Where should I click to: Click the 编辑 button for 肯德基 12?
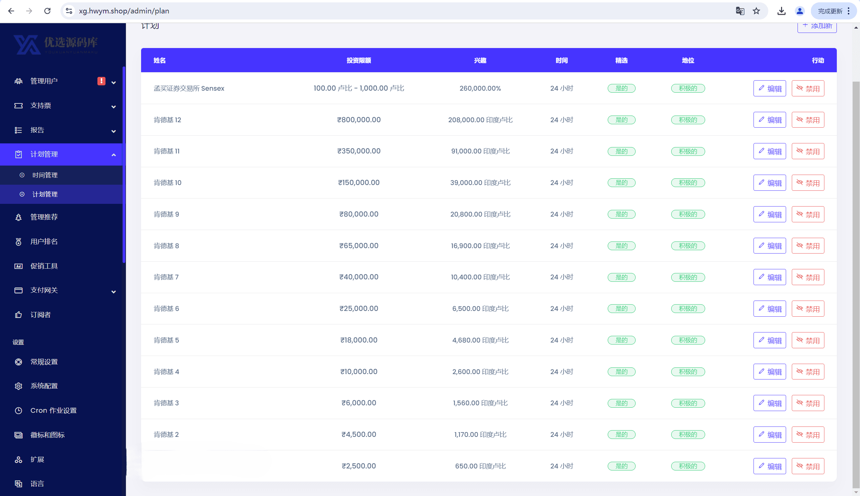point(769,120)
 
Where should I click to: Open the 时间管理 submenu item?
point(45,175)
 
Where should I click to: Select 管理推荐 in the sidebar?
point(44,217)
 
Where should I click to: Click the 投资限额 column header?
point(358,60)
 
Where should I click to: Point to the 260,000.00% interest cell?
point(480,88)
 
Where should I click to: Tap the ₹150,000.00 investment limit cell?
point(358,183)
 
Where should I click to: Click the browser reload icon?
point(47,11)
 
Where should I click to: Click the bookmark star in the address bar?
point(756,11)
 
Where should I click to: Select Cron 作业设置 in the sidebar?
point(53,410)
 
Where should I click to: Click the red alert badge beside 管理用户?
point(101,81)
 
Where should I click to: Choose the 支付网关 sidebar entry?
point(44,290)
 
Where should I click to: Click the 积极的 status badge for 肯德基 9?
point(688,214)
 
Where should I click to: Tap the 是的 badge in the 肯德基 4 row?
point(621,372)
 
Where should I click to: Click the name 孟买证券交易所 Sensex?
point(189,88)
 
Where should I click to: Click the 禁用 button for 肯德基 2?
point(808,435)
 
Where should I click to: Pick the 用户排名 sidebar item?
point(44,241)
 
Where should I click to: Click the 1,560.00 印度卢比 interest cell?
point(480,403)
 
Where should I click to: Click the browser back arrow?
point(11,11)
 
